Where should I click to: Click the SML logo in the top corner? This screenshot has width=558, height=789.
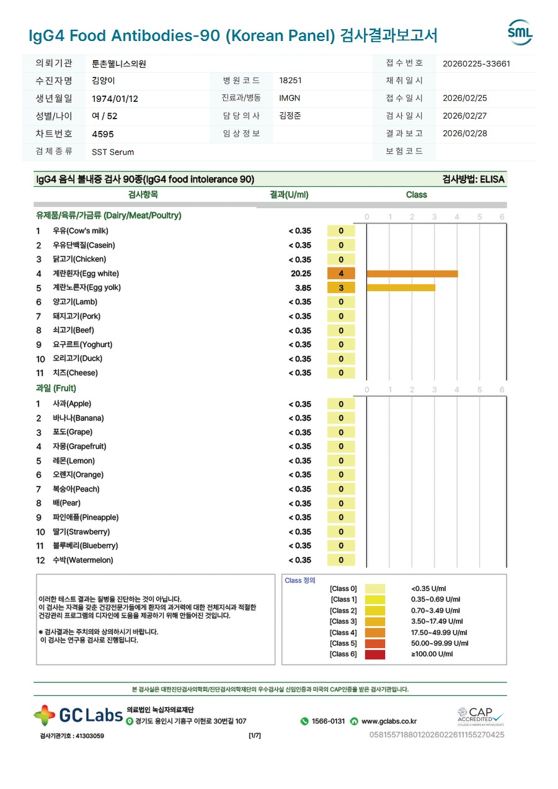click(x=520, y=33)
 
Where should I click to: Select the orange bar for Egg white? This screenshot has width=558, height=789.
click(x=412, y=274)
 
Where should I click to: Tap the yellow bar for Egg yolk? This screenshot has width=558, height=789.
click(x=401, y=287)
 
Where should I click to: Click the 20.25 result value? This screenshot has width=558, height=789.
click(x=301, y=274)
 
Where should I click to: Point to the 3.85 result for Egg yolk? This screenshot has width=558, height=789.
click(x=303, y=288)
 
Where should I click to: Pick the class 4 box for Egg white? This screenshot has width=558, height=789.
click(x=341, y=274)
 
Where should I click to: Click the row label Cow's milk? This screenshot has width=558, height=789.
click(x=81, y=231)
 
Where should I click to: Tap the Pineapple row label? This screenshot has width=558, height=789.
click(x=86, y=518)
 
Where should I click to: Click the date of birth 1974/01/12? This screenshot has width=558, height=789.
click(x=115, y=99)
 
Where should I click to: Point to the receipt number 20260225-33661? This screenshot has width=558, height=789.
click(x=477, y=63)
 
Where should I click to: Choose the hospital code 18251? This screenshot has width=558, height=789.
click(x=290, y=81)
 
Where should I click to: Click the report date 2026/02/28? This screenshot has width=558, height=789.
click(x=465, y=133)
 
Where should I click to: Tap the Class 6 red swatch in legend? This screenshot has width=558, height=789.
click(x=374, y=654)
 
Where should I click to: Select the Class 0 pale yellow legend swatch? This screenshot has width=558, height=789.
click(x=374, y=588)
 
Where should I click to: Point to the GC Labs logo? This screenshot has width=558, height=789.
click(x=78, y=715)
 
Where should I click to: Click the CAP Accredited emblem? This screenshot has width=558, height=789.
click(x=480, y=715)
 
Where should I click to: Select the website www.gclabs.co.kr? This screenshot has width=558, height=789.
click(x=389, y=721)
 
